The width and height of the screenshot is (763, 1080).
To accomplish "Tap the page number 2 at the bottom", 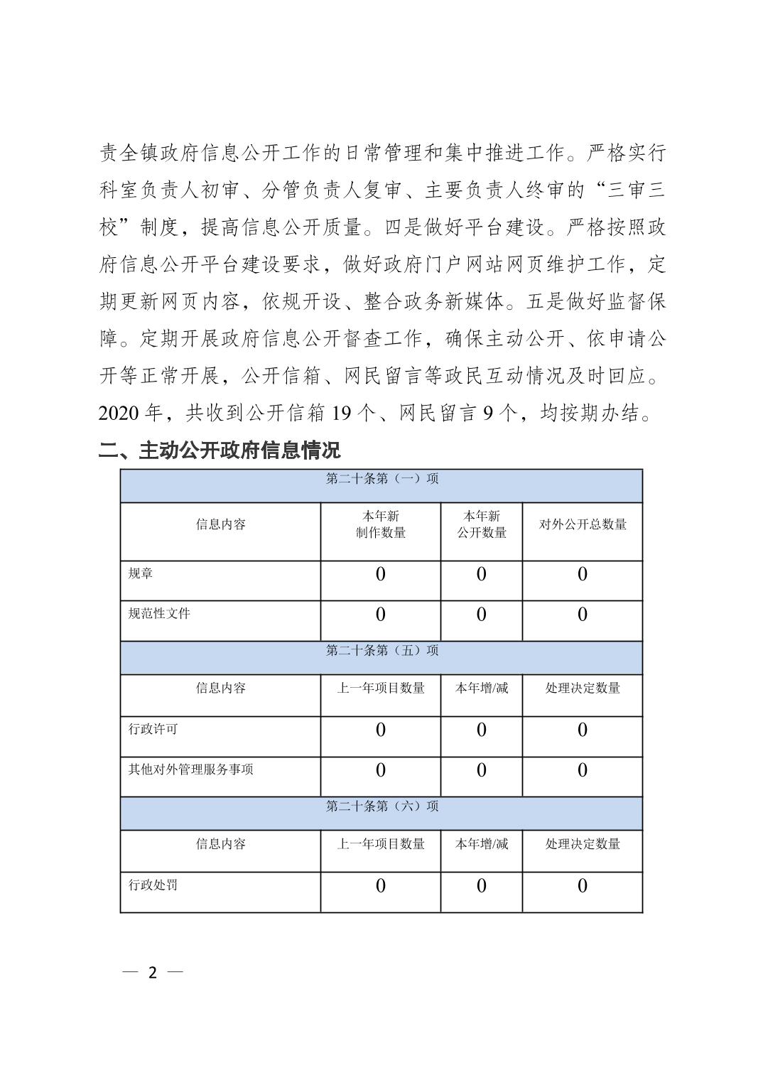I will click(x=151, y=972).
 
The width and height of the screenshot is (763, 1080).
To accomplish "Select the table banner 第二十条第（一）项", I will click(x=381, y=479).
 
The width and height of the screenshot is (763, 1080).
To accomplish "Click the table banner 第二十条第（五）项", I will click(x=381, y=651).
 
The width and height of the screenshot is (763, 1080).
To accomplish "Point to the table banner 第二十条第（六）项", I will click(x=381, y=806).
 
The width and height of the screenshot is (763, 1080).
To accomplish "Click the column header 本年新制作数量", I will click(x=381, y=524).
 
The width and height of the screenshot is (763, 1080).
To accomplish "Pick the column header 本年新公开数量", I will click(x=482, y=524).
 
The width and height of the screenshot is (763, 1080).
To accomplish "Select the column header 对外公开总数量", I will click(x=583, y=524).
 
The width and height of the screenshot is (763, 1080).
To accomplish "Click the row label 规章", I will click(x=141, y=573).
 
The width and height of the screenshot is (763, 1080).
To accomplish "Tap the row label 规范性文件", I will click(x=159, y=613).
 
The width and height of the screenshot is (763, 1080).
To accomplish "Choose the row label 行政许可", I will click(x=153, y=729).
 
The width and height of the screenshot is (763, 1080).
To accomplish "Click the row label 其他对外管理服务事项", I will click(x=190, y=769).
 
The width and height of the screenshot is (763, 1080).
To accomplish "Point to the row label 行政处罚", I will click(x=153, y=885).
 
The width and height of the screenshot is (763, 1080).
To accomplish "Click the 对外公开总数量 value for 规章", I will click(x=583, y=574).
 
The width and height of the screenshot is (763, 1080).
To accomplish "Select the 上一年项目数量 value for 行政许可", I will click(x=381, y=730).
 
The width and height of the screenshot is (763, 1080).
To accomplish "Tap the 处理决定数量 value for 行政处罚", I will click(x=583, y=885).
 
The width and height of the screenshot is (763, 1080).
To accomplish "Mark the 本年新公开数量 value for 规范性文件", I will click(x=482, y=615).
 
